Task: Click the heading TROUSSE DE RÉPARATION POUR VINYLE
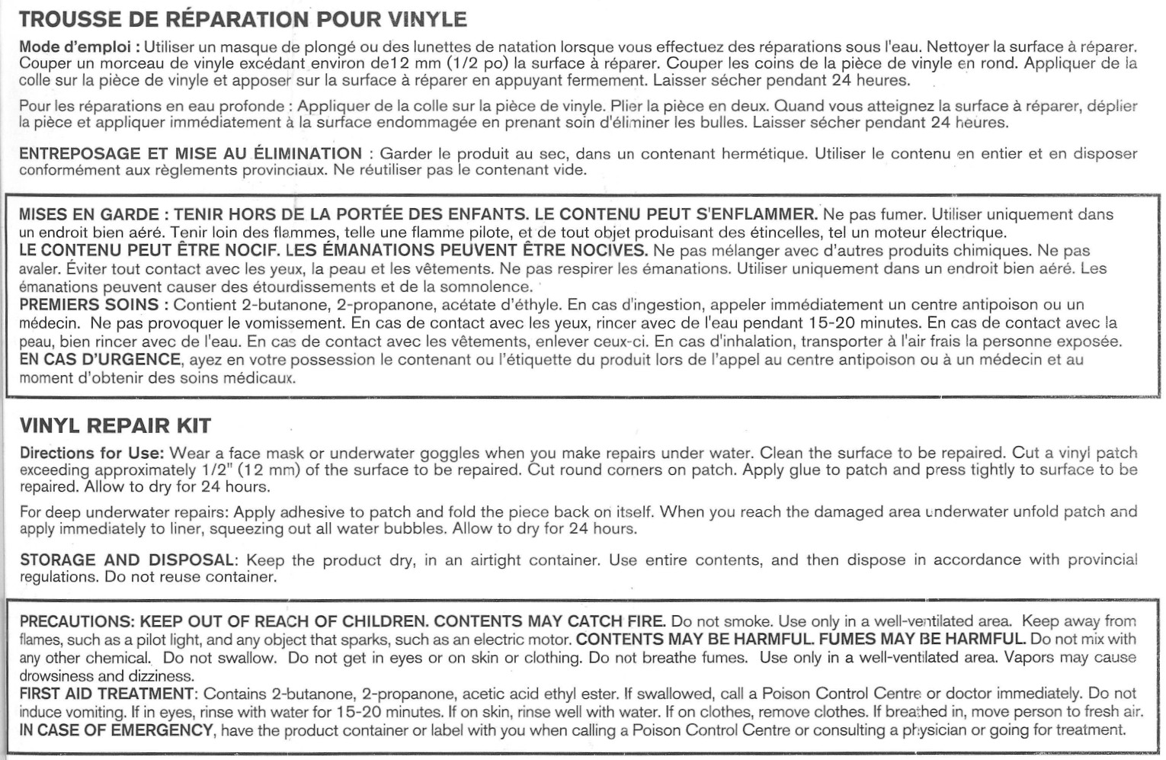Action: (243, 18)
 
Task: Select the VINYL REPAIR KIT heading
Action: (115, 425)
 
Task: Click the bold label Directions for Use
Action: (91, 453)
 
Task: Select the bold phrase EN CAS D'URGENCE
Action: (100, 359)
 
